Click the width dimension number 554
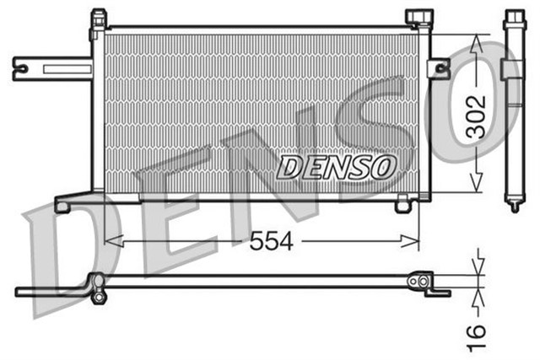[271, 242]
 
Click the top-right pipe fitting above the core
[417, 17]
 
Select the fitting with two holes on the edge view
[418, 281]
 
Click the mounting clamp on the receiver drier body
[510, 71]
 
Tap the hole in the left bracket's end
[21, 68]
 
